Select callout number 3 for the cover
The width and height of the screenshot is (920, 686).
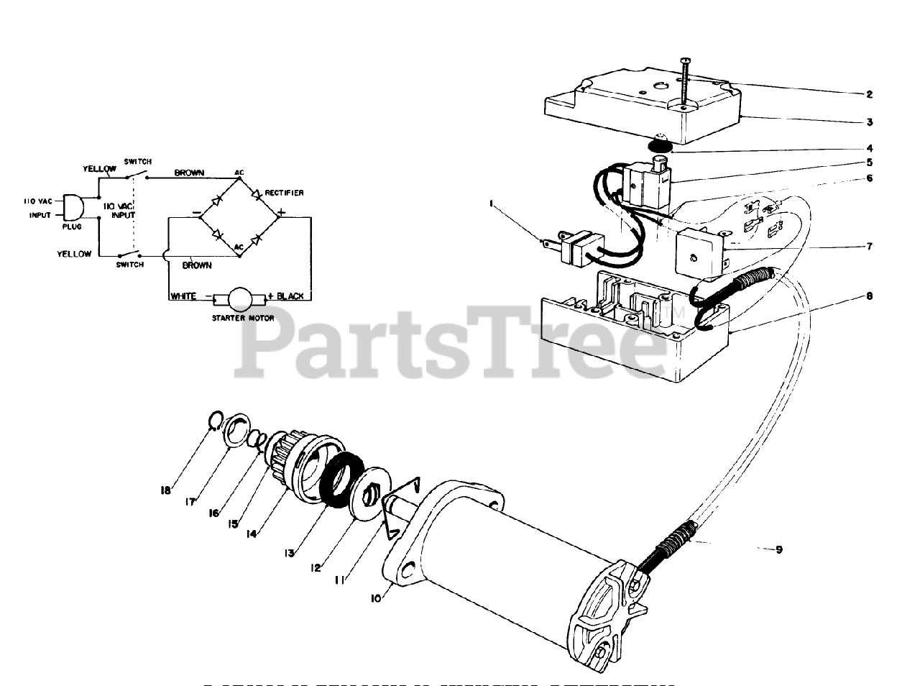[869, 122]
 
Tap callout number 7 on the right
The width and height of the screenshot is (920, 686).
[869, 247]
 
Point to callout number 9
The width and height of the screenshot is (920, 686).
[778, 550]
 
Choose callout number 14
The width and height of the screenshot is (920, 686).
[252, 535]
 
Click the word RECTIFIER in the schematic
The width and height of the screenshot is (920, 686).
[284, 193]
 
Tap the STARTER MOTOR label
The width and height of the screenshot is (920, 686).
[242, 317]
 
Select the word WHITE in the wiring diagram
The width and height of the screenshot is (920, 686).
[183, 296]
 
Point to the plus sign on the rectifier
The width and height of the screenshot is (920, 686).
[282, 212]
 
